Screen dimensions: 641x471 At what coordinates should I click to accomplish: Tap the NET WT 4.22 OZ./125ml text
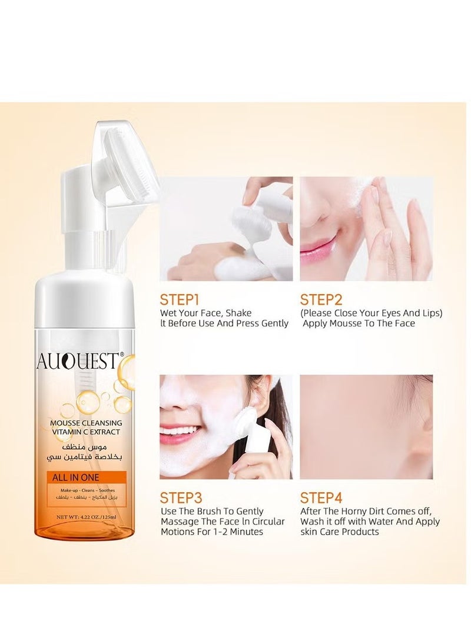(x=85, y=516)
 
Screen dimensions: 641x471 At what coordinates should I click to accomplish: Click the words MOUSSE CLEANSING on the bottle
(x=86, y=423)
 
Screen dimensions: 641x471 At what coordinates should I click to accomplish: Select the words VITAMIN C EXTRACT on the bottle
(x=86, y=432)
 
